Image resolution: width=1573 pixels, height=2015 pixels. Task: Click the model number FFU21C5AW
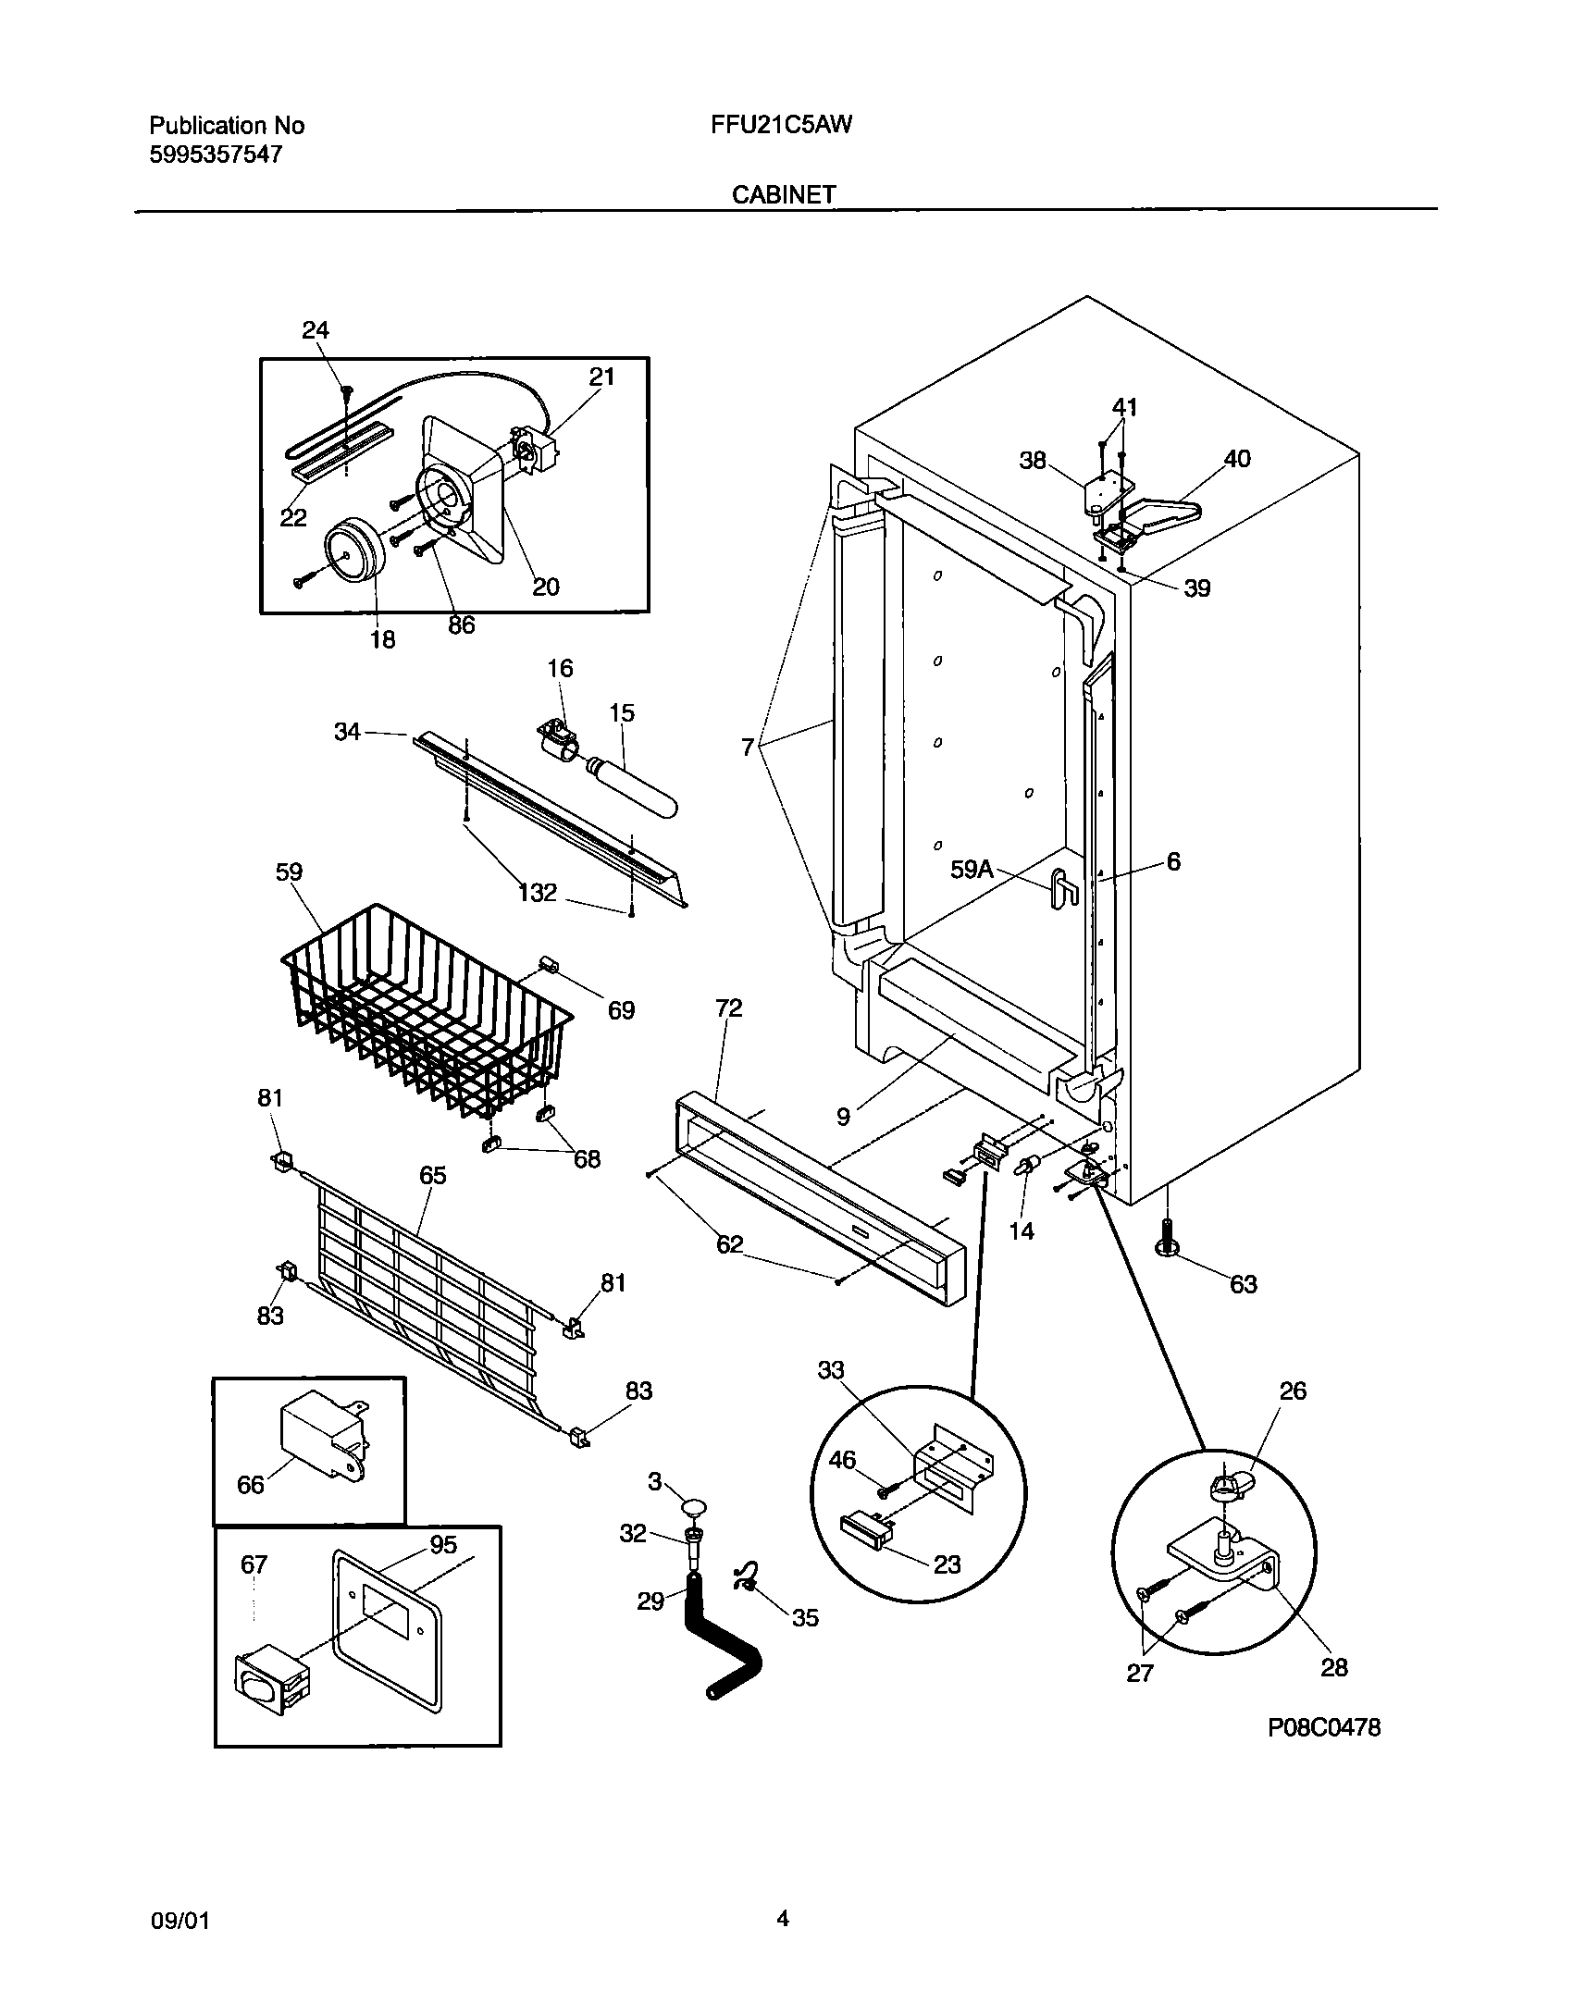tap(781, 125)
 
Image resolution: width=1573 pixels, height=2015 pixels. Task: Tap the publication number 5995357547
tap(216, 155)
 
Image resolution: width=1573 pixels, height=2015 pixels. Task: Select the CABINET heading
tap(784, 194)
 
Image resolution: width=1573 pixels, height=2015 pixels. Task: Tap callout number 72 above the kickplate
tap(728, 1007)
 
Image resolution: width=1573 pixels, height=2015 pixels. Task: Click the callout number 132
tap(538, 892)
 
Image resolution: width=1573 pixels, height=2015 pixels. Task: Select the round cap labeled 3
tap(695, 1509)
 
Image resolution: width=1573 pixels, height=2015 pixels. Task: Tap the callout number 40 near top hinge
tap(1236, 459)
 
